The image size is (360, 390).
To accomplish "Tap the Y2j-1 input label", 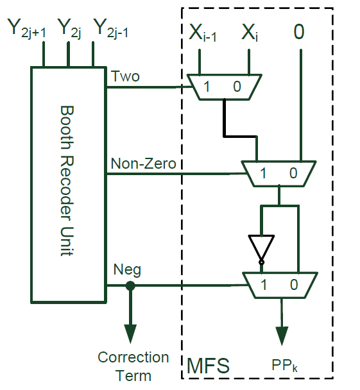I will pyautogui.click(x=111, y=30).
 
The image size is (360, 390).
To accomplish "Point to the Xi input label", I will pyautogui.click(x=250, y=33).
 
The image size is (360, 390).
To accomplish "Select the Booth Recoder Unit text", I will pyautogui.click(x=69, y=181).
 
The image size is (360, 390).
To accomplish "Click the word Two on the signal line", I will pyautogui.click(x=125, y=76).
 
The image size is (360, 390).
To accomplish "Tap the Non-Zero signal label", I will pyautogui.click(x=143, y=164).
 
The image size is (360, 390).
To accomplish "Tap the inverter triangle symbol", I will pyautogui.click(x=261, y=247).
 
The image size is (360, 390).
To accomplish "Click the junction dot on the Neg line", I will pyautogui.click(x=130, y=286).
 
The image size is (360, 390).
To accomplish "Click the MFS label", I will pyautogui.click(x=207, y=366).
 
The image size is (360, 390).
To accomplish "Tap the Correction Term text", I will pyautogui.click(x=133, y=366).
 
